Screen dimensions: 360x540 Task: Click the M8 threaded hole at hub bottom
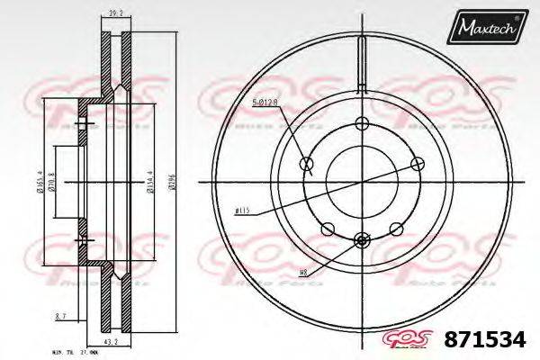[x=362, y=239]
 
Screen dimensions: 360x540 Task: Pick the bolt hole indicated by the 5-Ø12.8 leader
[x=306, y=164]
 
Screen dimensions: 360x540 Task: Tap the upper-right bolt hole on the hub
[x=418, y=164]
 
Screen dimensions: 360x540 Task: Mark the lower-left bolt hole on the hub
[x=328, y=228]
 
